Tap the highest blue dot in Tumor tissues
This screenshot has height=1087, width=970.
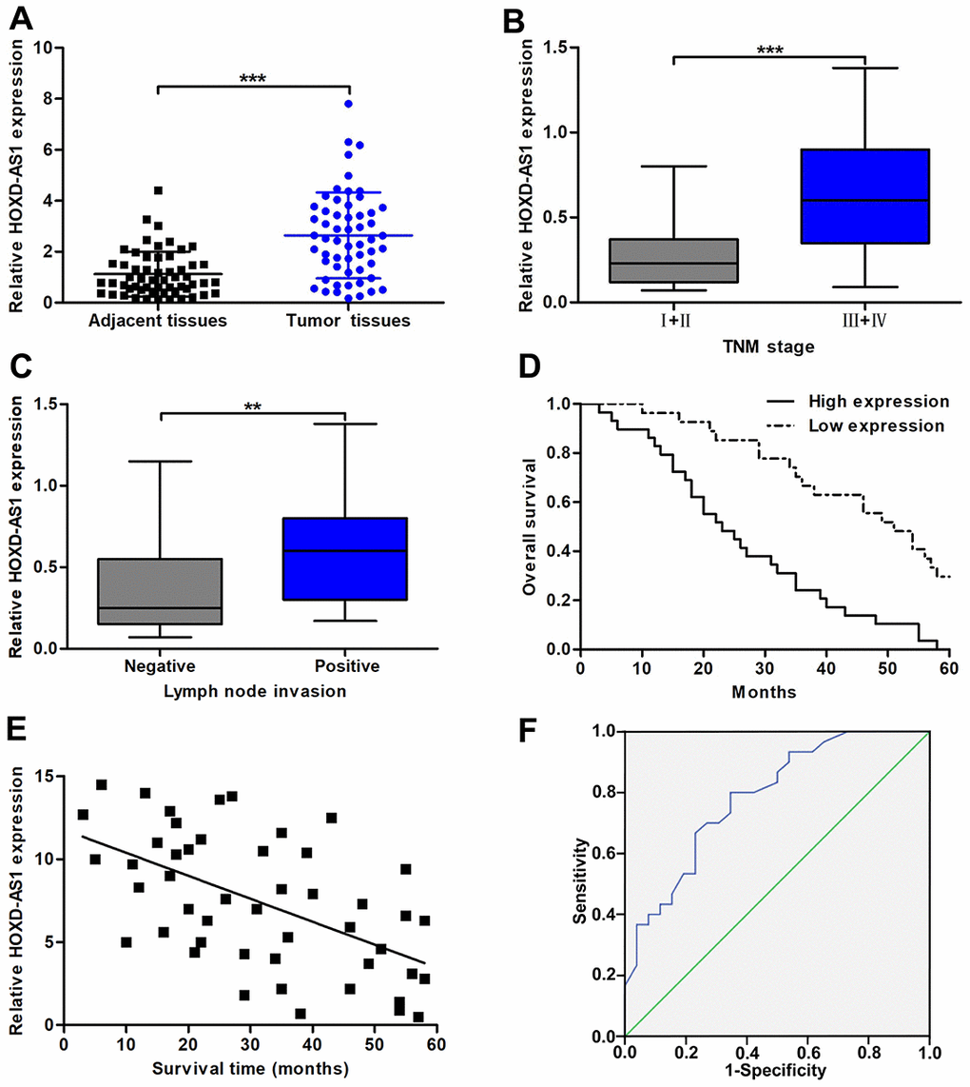point(350,104)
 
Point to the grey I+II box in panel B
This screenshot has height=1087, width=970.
point(673,261)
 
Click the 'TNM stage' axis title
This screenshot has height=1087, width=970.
point(768,347)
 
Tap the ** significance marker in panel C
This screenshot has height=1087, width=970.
point(253,407)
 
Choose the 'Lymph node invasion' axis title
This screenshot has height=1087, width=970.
point(251,690)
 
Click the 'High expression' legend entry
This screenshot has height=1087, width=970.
point(879,402)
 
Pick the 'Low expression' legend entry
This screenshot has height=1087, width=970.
point(877,425)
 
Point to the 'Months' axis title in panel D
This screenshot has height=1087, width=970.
point(764,693)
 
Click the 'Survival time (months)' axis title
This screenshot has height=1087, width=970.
point(251,1069)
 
